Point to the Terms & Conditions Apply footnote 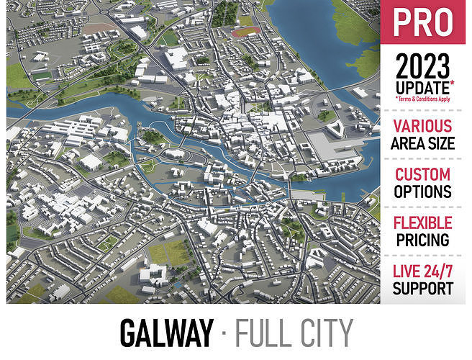pyautogui.click(x=423, y=99)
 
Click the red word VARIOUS pyautogui.click(x=423, y=127)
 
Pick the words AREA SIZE pyautogui.click(x=423, y=143)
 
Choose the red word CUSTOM pyautogui.click(x=423, y=174)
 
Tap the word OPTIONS pyautogui.click(x=423, y=192)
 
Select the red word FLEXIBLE pyautogui.click(x=423, y=222)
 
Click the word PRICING pyautogui.click(x=423, y=240)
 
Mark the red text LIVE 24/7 pyautogui.click(x=423, y=271)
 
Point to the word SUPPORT pyautogui.click(x=423, y=289)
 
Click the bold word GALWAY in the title pyautogui.click(x=167, y=333)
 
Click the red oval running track pyautogui.click(x=246, y=32)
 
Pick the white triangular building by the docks pyautogui.click(x=334, y=128)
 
